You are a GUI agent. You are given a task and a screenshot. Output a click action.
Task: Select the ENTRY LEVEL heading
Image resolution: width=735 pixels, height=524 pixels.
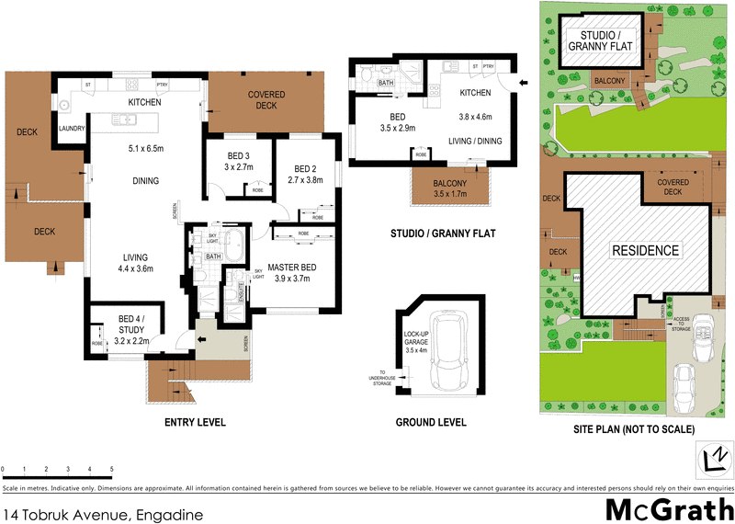(x=194, y=423)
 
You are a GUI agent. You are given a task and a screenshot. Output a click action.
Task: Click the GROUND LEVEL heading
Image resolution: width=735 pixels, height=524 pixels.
(x=431, y=423)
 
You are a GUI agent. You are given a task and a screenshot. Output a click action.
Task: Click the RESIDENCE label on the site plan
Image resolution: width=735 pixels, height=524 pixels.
(x=646, y=250)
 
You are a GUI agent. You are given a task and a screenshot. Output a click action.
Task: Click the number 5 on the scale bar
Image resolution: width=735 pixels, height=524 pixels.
(x=112, y=469)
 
